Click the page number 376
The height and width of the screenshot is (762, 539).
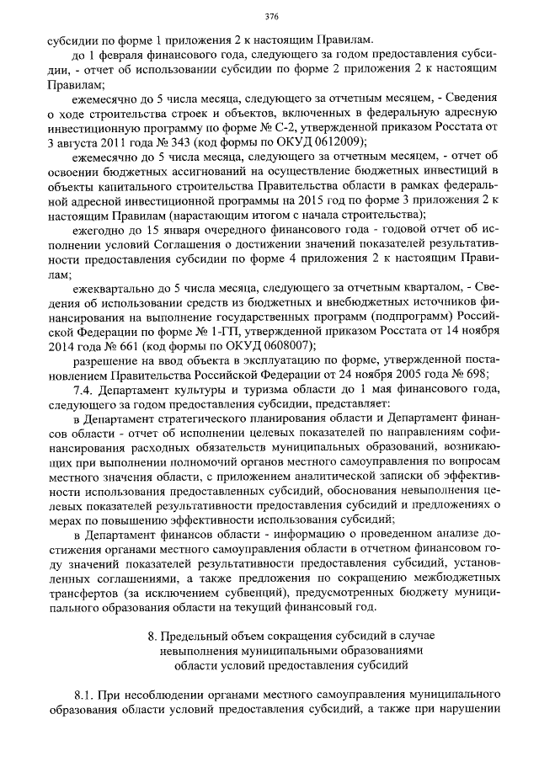click(271, 16)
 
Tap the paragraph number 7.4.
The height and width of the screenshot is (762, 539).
click(86, 390)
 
